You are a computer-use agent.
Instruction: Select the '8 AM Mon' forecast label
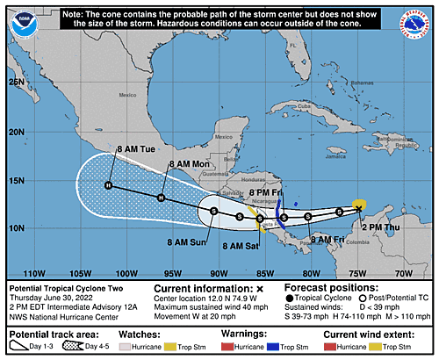point(188,163)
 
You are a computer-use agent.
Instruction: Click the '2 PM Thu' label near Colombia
point(379,226)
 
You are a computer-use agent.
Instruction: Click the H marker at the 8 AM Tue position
point(108,185)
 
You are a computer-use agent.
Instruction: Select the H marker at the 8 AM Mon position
point(161,198)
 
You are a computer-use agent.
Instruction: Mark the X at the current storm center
point(359,205)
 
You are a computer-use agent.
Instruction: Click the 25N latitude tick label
point(15,81)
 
